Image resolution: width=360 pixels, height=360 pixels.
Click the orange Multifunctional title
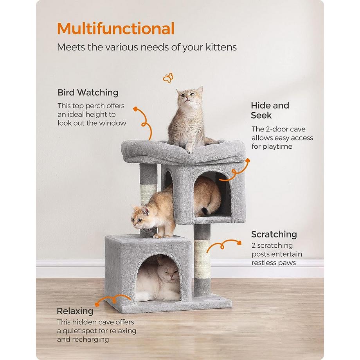click(x=115, y=29)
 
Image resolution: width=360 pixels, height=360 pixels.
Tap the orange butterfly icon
click(x=168, y=78)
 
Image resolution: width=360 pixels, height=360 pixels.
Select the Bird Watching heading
click(x=88, y=93)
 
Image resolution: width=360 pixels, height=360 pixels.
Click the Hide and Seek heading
click(x=270, y=110)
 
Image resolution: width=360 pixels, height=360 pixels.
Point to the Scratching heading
click(x=274, y=234)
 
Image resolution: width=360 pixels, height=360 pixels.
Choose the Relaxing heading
click(x=75, y=311)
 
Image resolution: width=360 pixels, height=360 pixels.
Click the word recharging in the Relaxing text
click(x=90, y=339)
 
